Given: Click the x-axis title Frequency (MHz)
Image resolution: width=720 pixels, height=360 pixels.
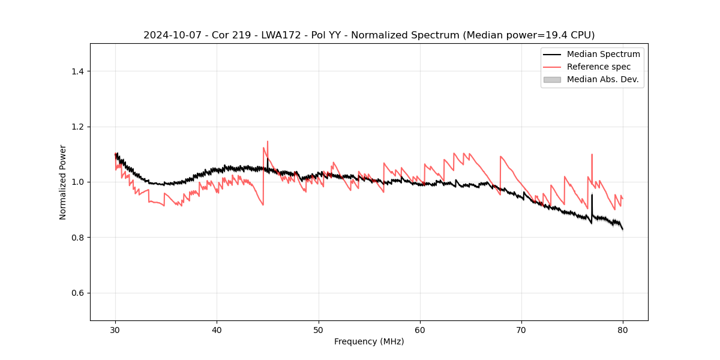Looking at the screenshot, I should pos(369,341).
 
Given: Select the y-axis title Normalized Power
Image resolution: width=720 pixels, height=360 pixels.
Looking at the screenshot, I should pos(63,182).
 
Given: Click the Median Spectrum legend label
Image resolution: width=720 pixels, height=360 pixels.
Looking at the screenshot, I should pos(603,54).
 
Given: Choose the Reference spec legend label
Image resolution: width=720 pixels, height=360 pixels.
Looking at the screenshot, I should pos(599,67).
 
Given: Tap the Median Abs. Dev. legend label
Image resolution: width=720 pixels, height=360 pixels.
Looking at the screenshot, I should pos(602,79).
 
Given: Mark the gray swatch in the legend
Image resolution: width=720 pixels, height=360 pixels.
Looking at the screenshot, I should pos(552,79).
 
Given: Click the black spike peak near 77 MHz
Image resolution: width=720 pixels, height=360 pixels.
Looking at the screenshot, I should pos(592,194).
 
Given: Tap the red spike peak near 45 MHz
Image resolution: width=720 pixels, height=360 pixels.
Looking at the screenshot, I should pos(268,142).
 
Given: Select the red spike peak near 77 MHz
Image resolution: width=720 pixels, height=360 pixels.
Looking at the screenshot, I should pos(592,154).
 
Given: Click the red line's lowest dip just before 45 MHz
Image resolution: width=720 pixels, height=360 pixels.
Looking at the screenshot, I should pos(263,205).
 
